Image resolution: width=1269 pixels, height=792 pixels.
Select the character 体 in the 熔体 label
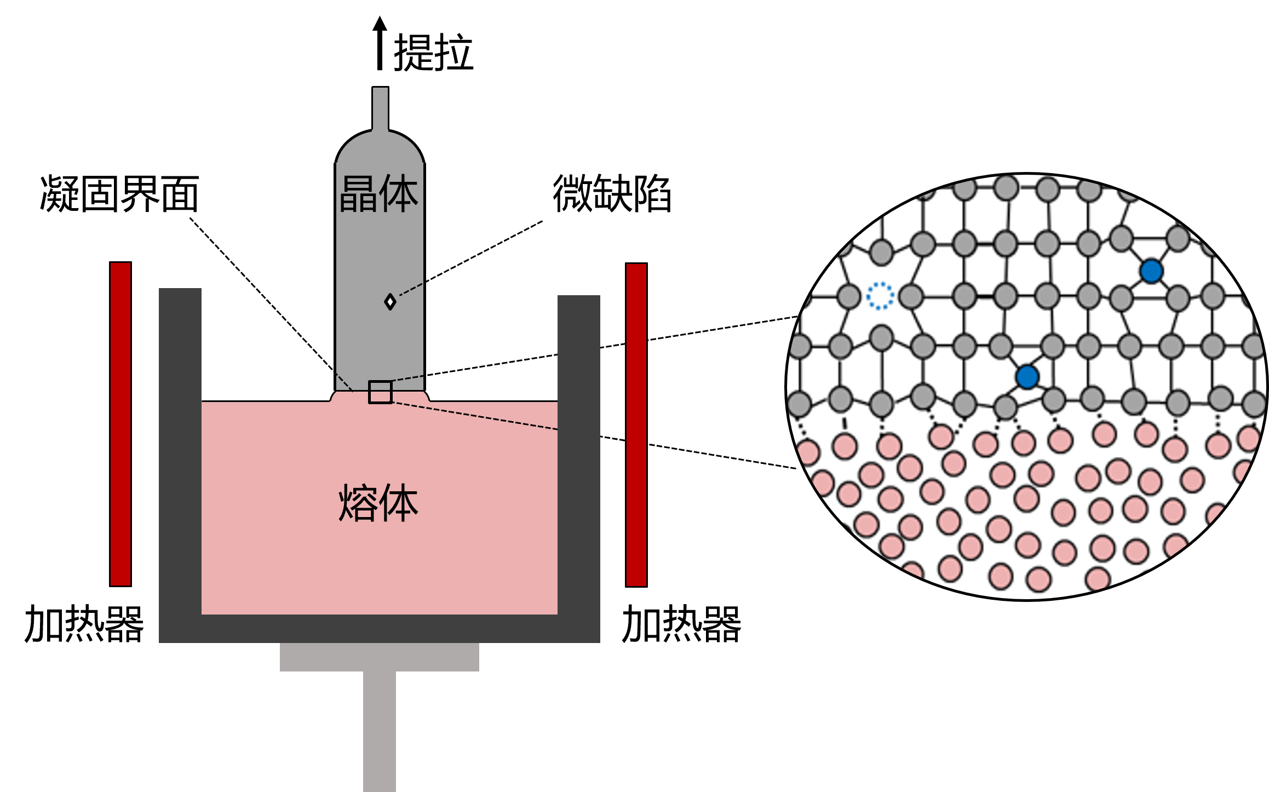coord(399,502)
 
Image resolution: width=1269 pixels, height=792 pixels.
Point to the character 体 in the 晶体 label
coord(399,194)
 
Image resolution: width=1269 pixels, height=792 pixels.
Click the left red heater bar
coord(120,424)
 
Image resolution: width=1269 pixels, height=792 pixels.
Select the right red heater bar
coord(636,424)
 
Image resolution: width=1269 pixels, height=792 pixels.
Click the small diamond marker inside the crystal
coord(390,302)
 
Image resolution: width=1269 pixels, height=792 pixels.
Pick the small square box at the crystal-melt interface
coord(380,392)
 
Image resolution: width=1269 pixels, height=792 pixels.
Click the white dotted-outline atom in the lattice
coord(880,296)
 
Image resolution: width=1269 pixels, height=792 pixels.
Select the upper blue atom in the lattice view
coord(1151,271)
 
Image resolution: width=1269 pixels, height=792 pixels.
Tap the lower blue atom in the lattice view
coord(1027,377)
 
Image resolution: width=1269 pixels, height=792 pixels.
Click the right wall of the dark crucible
coord(579,455)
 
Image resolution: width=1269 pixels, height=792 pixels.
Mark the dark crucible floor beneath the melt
coord(380,629)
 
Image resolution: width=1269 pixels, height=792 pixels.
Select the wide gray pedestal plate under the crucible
coord(380,657)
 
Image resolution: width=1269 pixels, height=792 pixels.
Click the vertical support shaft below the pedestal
coord(380,728)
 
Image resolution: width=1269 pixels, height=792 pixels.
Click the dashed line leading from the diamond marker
coord(411,290)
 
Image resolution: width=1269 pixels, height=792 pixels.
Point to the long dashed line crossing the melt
coord(476,416)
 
